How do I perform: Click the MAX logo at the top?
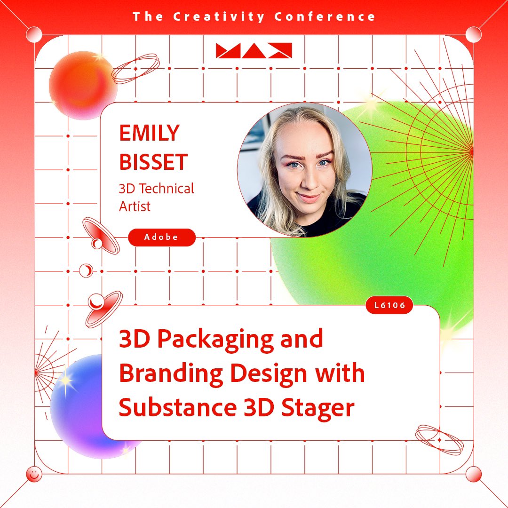point(254,50)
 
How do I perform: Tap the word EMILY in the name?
point(150,133)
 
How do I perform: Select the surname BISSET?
point(153,161)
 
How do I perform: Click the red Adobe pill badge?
point(162,237)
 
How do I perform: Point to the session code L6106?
point(389,305)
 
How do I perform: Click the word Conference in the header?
point(325,17)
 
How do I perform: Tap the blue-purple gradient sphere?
point(82,405)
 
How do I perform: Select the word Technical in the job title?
point(165,189)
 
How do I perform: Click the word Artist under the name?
point(135,206)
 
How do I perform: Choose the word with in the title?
point(341,373)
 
